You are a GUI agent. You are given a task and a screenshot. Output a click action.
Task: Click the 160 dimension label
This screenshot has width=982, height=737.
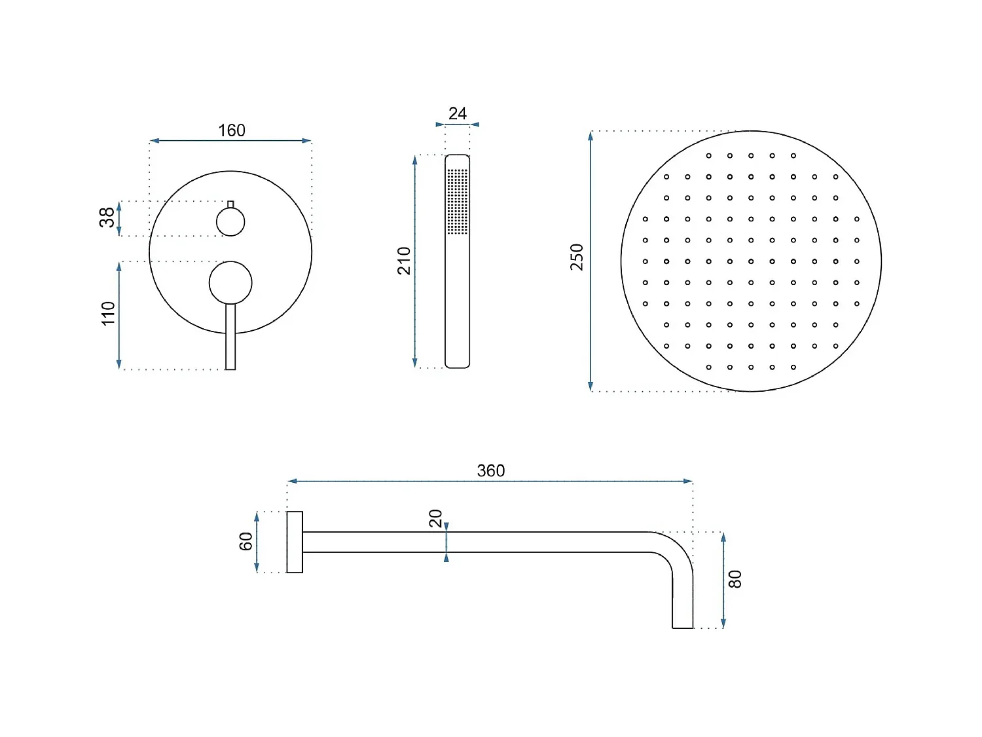(x=232, y=130)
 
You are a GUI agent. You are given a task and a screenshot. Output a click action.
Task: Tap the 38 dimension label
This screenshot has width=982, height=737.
(x=107, y=217)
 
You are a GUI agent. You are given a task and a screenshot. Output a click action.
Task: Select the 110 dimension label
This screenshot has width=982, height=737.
(x=108, y=313)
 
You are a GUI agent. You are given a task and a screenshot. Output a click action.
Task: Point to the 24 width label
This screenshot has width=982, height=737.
(x=458, y=113)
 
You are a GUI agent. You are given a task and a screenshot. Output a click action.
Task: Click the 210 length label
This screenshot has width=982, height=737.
(x=404, y=261)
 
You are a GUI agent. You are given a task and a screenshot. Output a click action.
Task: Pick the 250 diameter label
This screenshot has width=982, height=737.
(x=577, y=257)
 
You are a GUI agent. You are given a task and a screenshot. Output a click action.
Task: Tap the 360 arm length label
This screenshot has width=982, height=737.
(x=491, y=470)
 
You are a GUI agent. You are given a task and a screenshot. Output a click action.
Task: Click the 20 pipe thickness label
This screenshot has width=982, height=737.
(x=435, y=518)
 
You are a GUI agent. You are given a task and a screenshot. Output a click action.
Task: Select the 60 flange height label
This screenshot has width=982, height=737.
(x=245, y=542)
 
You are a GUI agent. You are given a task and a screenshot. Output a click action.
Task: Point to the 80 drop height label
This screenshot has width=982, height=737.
(x=735, y=579)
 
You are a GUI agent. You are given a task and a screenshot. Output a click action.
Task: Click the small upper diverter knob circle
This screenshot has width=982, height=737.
(x=230, y=222)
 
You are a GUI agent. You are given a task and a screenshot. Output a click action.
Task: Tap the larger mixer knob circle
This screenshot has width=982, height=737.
(x=230, y=283)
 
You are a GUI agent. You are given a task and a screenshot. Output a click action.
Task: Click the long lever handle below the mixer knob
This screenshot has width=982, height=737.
(x=230, y=341)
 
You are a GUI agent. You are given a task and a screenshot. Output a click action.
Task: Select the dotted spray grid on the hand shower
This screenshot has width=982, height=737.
(x=458, y=201)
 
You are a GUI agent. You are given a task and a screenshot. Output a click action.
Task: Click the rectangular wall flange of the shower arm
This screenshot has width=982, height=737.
(x=295, y=542)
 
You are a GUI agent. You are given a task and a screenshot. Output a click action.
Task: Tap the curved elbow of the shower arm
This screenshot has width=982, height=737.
(x=674, y=550)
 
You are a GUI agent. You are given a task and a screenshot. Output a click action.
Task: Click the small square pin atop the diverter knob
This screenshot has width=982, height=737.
(x=230, y=204)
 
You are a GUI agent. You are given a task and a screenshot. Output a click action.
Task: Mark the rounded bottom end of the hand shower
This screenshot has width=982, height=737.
(x=458, y=363)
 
